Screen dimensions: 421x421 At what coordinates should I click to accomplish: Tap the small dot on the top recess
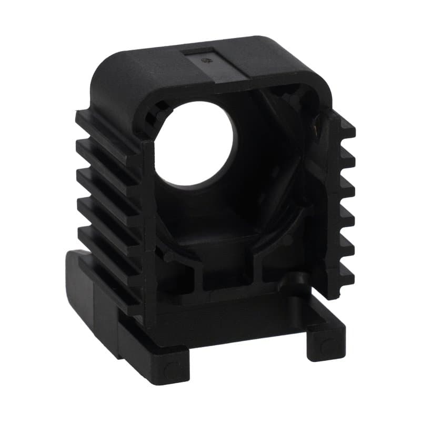tap(206, 61)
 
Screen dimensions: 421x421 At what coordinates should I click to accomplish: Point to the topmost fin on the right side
tap(345, 126)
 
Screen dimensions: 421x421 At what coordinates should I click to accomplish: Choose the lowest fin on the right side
tap(345, 274)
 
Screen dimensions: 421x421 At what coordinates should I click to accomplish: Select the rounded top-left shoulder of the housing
tap(113, 79)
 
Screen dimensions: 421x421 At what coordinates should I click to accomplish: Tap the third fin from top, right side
tap(345, 184)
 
